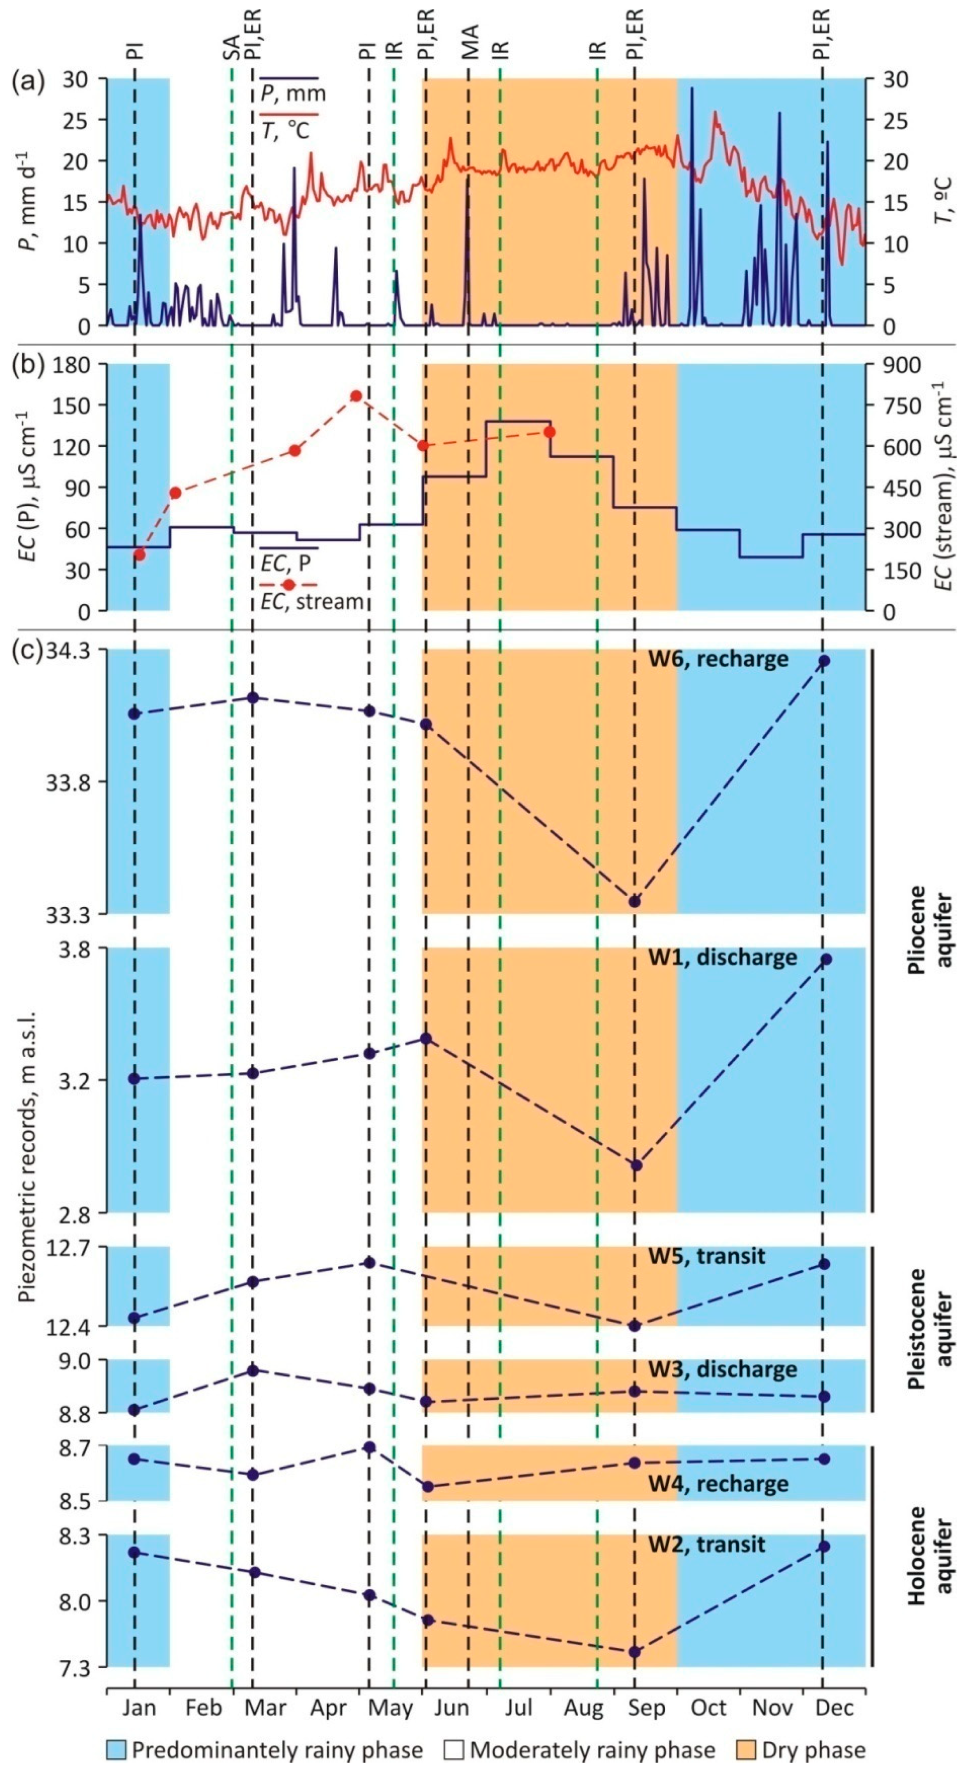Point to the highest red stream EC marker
[356, 396]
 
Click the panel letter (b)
[28, 365]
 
